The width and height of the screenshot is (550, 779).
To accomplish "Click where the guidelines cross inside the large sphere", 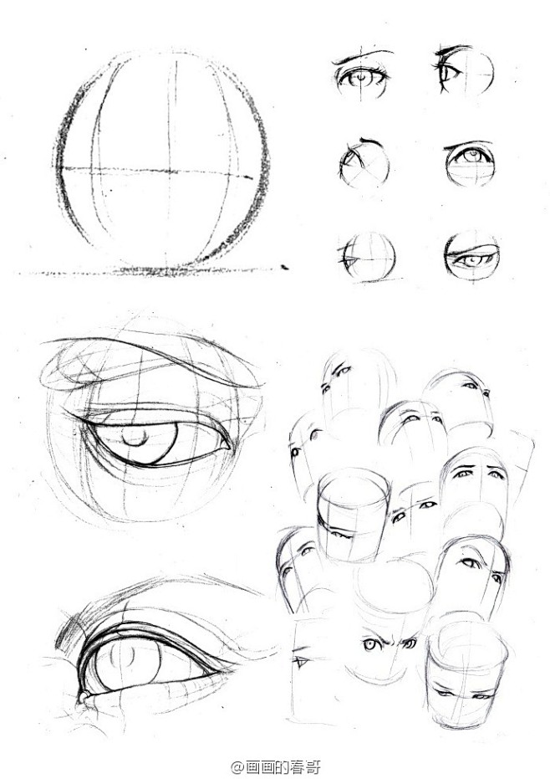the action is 171,171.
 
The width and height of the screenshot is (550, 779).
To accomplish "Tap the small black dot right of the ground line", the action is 284,267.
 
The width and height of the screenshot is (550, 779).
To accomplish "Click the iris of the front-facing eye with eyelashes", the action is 361,79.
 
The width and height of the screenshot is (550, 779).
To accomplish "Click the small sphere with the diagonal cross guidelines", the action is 364,165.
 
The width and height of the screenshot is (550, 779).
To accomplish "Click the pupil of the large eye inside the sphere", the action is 135,437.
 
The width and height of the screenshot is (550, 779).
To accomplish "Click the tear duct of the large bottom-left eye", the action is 82,695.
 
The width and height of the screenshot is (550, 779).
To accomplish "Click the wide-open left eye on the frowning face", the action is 369,645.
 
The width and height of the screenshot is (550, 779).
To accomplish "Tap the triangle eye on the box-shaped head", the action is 300,662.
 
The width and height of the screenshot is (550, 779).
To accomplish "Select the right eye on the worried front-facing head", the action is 496,475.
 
